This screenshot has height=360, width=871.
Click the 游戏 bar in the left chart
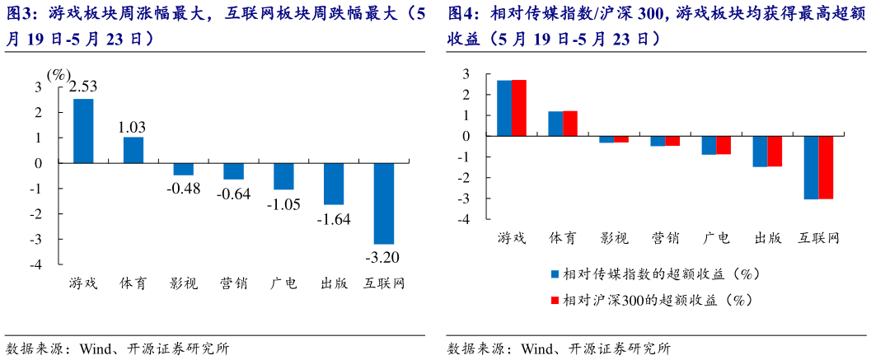click(x=83, y=131)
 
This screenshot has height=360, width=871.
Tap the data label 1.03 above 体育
click(x=133, y=126)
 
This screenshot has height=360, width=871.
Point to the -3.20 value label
click(x=383, y=254)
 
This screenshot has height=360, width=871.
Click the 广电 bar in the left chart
click(x=283, y=176)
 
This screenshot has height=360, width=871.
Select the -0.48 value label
click(x=183, y=187)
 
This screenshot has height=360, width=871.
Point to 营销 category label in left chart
click(x=233, y=283)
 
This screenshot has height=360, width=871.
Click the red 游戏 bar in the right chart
click(x=519, y=108)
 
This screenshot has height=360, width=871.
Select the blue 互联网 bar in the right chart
click(x=812, y=167)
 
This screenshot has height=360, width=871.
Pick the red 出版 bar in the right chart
click(x=775, y=151)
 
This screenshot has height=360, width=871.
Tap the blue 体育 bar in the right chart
click(x=555, y=124)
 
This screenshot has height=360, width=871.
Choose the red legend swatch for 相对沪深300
click(x=554, y=300)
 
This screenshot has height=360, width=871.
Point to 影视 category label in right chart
click(x=614, y=239)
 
